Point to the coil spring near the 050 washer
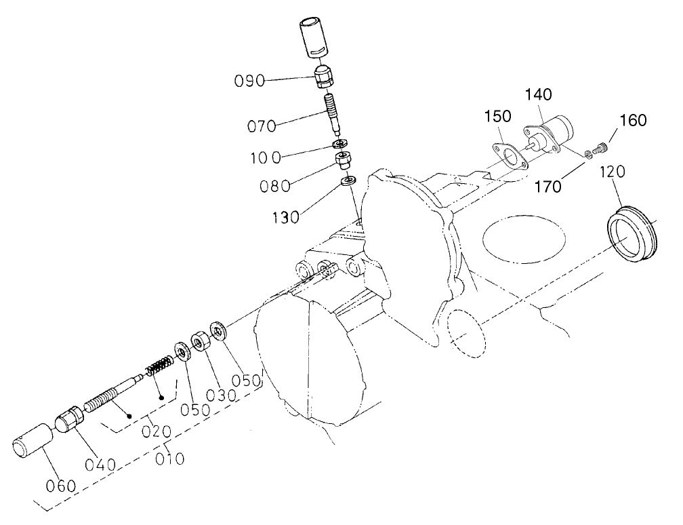tap(160, 367)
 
